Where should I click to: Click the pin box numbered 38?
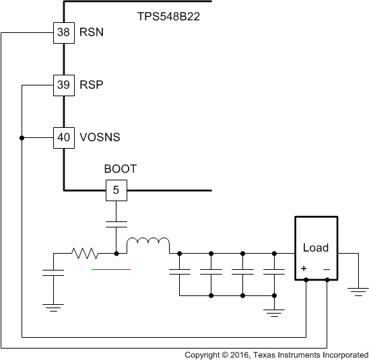[63, 32]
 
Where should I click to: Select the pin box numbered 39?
[63, 85]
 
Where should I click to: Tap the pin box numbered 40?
[63, 137]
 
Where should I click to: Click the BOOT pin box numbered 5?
[116, 190]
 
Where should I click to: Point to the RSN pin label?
[92, 32]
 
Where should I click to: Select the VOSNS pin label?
[100, 137]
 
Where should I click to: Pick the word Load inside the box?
[315, 248]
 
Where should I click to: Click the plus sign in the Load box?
[304, 268]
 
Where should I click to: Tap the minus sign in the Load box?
[326, 268]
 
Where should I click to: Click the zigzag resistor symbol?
[85, 253]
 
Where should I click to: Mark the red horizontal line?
[111, 269]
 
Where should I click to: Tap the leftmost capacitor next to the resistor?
[53, 273]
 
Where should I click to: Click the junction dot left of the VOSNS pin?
[22, 137]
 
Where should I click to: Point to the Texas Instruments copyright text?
[276, 354]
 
